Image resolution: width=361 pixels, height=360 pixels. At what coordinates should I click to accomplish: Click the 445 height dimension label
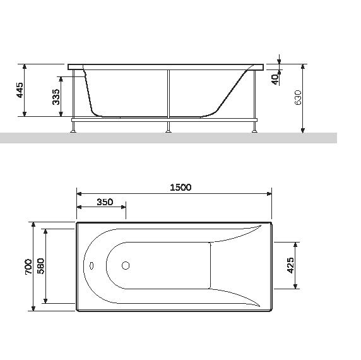pyautogui.click(x=20, y=90)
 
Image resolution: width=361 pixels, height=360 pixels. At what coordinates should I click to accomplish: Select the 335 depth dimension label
pyautogui.click(x=56, y=97)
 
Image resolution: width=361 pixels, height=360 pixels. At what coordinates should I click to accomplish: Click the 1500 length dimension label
pyautogui.click(x=180, y=187)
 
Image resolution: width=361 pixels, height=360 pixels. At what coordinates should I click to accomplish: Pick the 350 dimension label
pyautogui.click(x=105, y=202)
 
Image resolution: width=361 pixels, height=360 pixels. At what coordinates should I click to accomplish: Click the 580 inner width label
pyautogui.click(x=40, y=266)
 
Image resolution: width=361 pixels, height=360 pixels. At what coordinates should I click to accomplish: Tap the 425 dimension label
pyautogui.click(x=291, y=266)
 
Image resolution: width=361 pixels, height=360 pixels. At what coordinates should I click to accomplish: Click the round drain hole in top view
pyautogui.click(x=126, y=266)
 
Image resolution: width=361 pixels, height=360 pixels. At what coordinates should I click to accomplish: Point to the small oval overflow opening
pyautogui.click(x=92, y=266)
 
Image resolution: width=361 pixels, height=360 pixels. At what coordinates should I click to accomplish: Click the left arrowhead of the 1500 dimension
pyautogui.click(x=80, y=193)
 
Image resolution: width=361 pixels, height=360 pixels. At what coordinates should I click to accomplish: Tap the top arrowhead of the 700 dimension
pyautogui.click(x=31, y=225)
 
